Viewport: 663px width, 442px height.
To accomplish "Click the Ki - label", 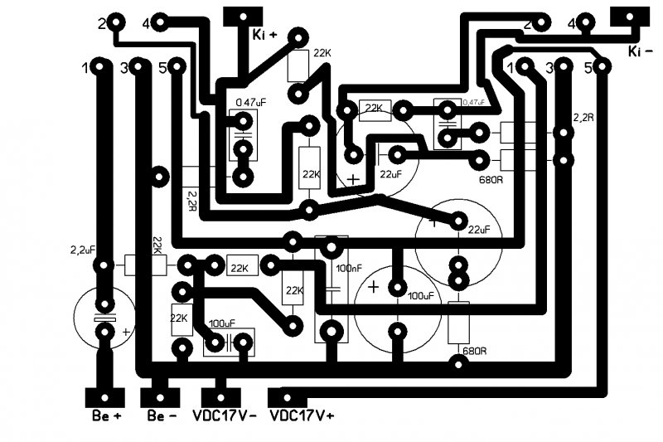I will tap(645, 51).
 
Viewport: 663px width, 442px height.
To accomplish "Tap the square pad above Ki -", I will tap(627, 17).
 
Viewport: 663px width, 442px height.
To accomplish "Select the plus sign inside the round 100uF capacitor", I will tap(374, 287).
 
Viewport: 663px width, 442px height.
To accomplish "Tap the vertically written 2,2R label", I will tap(192, 199).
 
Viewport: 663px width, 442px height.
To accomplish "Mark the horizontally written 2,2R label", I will tap(583, 118).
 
